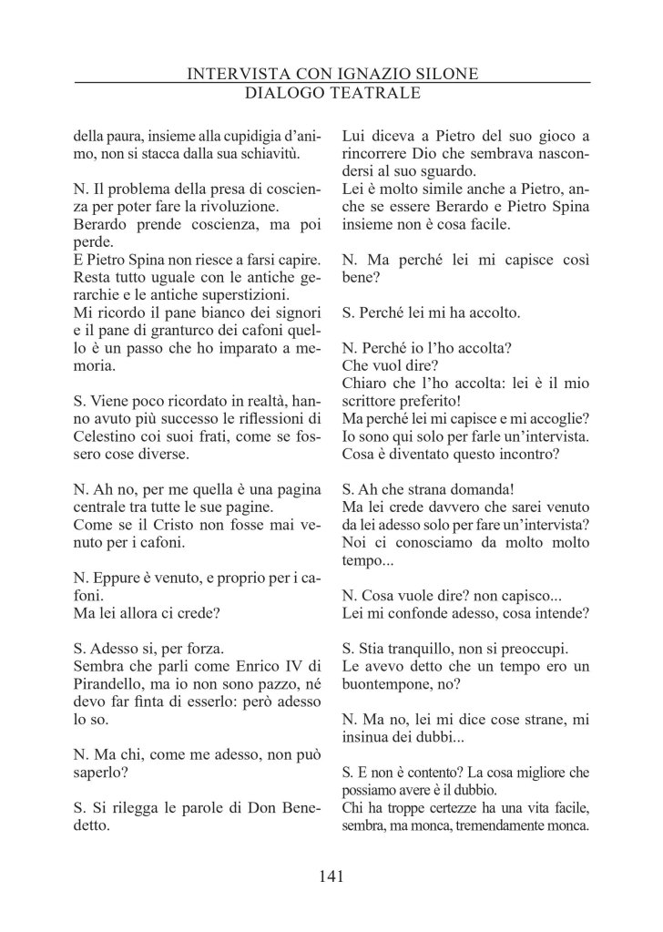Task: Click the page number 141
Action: [331, 876]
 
